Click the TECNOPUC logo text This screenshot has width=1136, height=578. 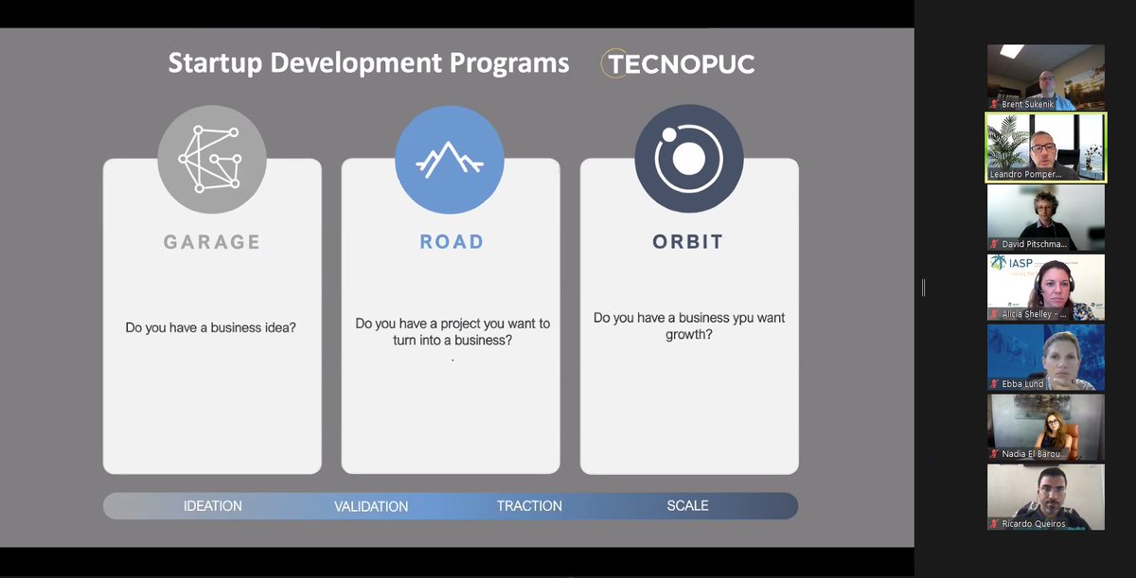(681, 64)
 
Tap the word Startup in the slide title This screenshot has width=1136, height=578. (216, 63)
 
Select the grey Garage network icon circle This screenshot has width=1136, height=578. (212, 159)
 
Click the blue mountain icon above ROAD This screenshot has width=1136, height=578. (450, 160)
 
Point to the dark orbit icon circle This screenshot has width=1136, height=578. (689, 159)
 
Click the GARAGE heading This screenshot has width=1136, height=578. (212, 242)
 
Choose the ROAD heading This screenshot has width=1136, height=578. (452, 241)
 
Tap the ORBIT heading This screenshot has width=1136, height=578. (687, 241)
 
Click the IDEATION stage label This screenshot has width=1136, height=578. (212, 506)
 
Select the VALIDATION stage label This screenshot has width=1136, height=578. (371, 506)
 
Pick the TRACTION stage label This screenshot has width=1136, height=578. (529, 506)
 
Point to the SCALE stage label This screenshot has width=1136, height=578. (687, 505)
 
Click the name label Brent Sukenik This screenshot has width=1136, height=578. (1027, 104)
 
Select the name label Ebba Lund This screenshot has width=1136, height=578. (1022, 384)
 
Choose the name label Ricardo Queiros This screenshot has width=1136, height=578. (1034, 524)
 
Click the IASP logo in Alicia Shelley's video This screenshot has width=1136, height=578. (1013, 263)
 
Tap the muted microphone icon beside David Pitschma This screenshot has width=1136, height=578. (995, 244)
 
